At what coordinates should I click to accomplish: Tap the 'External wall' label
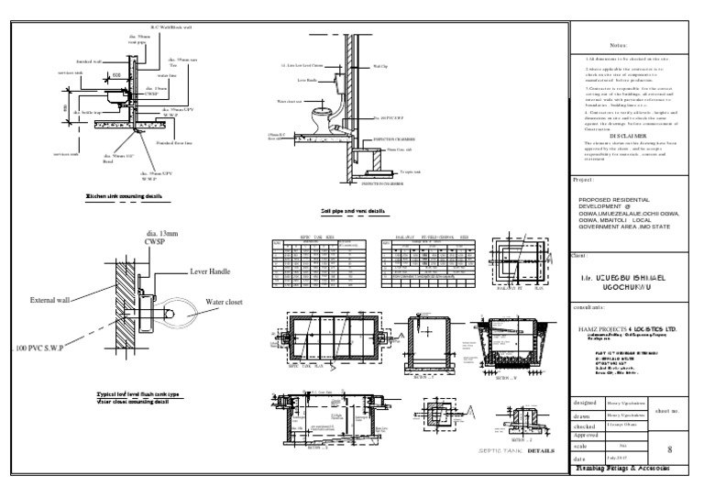pos(57,300)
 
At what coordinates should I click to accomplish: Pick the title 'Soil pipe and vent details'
pos(353,211)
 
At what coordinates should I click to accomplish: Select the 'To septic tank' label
pos(412,171)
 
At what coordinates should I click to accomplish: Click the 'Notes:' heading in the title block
pos(629,44)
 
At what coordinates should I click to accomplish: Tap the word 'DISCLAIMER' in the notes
pos(629,134)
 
